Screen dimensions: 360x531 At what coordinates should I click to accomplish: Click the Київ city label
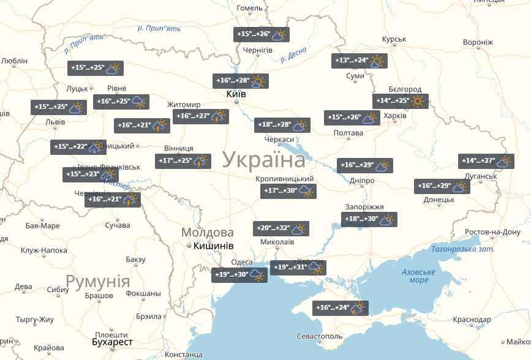pos(236,94)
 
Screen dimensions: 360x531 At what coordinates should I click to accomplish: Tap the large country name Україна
pos(264,160)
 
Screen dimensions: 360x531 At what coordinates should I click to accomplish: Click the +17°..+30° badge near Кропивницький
pos(288,192)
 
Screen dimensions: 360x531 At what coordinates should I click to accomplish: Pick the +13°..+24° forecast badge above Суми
pos(360,61)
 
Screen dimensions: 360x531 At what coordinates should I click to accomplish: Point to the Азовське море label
pos(418,276)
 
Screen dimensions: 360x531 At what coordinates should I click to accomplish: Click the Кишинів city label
pos(213,246)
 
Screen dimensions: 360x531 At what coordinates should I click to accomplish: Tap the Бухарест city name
pos(111,342)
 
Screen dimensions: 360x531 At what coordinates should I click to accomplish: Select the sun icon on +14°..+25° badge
pos(418,101)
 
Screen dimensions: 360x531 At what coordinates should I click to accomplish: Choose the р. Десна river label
pos(293,56)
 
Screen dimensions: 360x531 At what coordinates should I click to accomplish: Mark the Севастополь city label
pos(319,337)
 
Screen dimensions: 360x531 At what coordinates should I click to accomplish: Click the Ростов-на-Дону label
pos(493,233)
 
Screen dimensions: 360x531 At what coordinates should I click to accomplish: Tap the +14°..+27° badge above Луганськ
pos(486,162)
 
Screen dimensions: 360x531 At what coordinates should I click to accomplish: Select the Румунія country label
pos(98,282)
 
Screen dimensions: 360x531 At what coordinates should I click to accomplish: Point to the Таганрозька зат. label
pos(462,249)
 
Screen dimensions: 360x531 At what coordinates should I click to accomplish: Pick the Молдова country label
pos(207,233)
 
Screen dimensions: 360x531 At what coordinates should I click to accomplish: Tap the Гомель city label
pos(249,8)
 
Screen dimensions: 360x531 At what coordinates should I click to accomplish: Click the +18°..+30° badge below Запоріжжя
pos(369,220)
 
